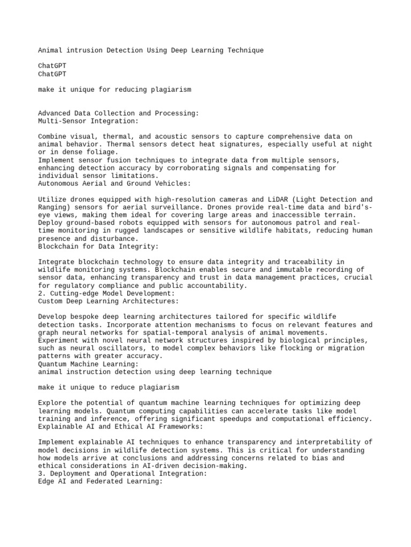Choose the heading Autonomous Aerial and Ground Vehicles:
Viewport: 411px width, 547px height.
[115, 183]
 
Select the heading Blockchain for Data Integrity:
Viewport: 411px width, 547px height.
[98, 246]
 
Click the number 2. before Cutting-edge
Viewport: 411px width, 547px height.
[42, 293]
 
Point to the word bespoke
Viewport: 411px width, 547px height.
[87, 317]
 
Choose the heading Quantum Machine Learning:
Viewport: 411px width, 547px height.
[88, 364]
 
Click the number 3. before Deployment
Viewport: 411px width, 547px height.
[42, 473]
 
